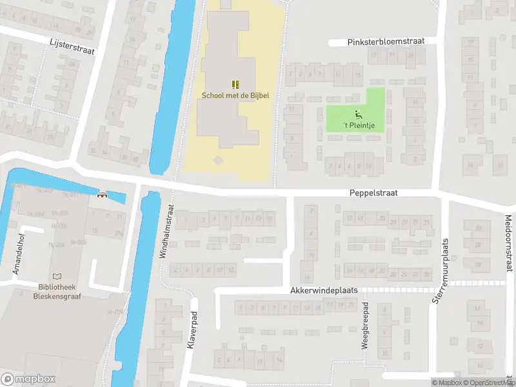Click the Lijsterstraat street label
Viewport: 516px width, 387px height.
click(72, 47)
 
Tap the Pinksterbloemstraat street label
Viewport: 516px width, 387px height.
click(386, 41)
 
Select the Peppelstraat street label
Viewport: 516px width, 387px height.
click(373, 192)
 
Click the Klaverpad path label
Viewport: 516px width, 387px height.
click(191, 332)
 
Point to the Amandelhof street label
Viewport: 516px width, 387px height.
click(19, 253)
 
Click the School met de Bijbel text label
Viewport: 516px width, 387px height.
click(235, 95)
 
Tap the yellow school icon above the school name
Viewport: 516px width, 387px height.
click(235, 84)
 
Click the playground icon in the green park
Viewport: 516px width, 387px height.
click(359, 114)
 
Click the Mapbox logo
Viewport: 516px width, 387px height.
click(28, 379)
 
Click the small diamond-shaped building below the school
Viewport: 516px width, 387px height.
click(218, 160)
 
